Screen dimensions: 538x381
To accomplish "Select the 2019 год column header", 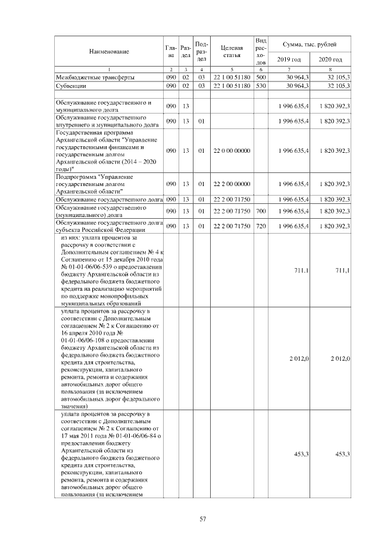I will pyautogui.click(x=289, y=59).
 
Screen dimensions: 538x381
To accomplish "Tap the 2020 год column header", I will pyautogui.click(x=330, y=59).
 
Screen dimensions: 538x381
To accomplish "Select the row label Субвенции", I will pyautogui.click(x=70, y=86).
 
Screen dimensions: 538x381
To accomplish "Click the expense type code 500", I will pyautogui.click(x=261, y=78).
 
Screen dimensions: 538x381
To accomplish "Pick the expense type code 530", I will pyautogui.click(x=261, y=86).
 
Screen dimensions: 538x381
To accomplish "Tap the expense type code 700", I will pyautogui.click(x=261, y=211).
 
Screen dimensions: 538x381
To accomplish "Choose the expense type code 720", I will pyautogui.click(x=261, y=226).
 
